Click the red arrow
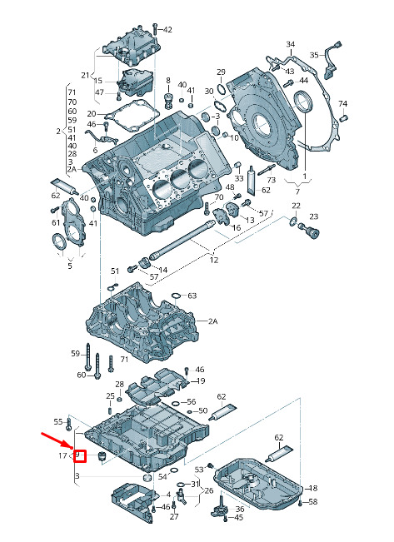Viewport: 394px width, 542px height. pos(57,440)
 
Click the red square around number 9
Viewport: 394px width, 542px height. pos(80,456)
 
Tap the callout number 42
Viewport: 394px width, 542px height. pos(167,30)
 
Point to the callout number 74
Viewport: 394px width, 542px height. pos(342,104)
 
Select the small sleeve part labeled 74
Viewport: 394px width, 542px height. pos(344,118)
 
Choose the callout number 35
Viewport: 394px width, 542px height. pos(314,55)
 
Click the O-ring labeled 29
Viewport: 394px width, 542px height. pos(222,88)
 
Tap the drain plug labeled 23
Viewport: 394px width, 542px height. pos(312,232)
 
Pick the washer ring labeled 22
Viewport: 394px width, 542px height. pos(293,221)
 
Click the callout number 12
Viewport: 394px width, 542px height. pos(214,260)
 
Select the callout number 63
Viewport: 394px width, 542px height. pos(192,296)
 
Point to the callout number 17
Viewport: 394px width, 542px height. pos(62,455)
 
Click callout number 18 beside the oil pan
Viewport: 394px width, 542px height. pos(312,488)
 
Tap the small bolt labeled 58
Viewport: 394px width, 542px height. pos(300,503)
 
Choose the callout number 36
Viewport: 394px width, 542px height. pos(240,509)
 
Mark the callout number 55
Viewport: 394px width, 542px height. pos(58,422)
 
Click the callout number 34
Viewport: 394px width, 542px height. pos(291,44)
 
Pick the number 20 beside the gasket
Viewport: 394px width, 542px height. pos(92,114)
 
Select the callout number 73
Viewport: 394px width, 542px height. pos(272,180)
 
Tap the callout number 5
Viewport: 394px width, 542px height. pos(70,266)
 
